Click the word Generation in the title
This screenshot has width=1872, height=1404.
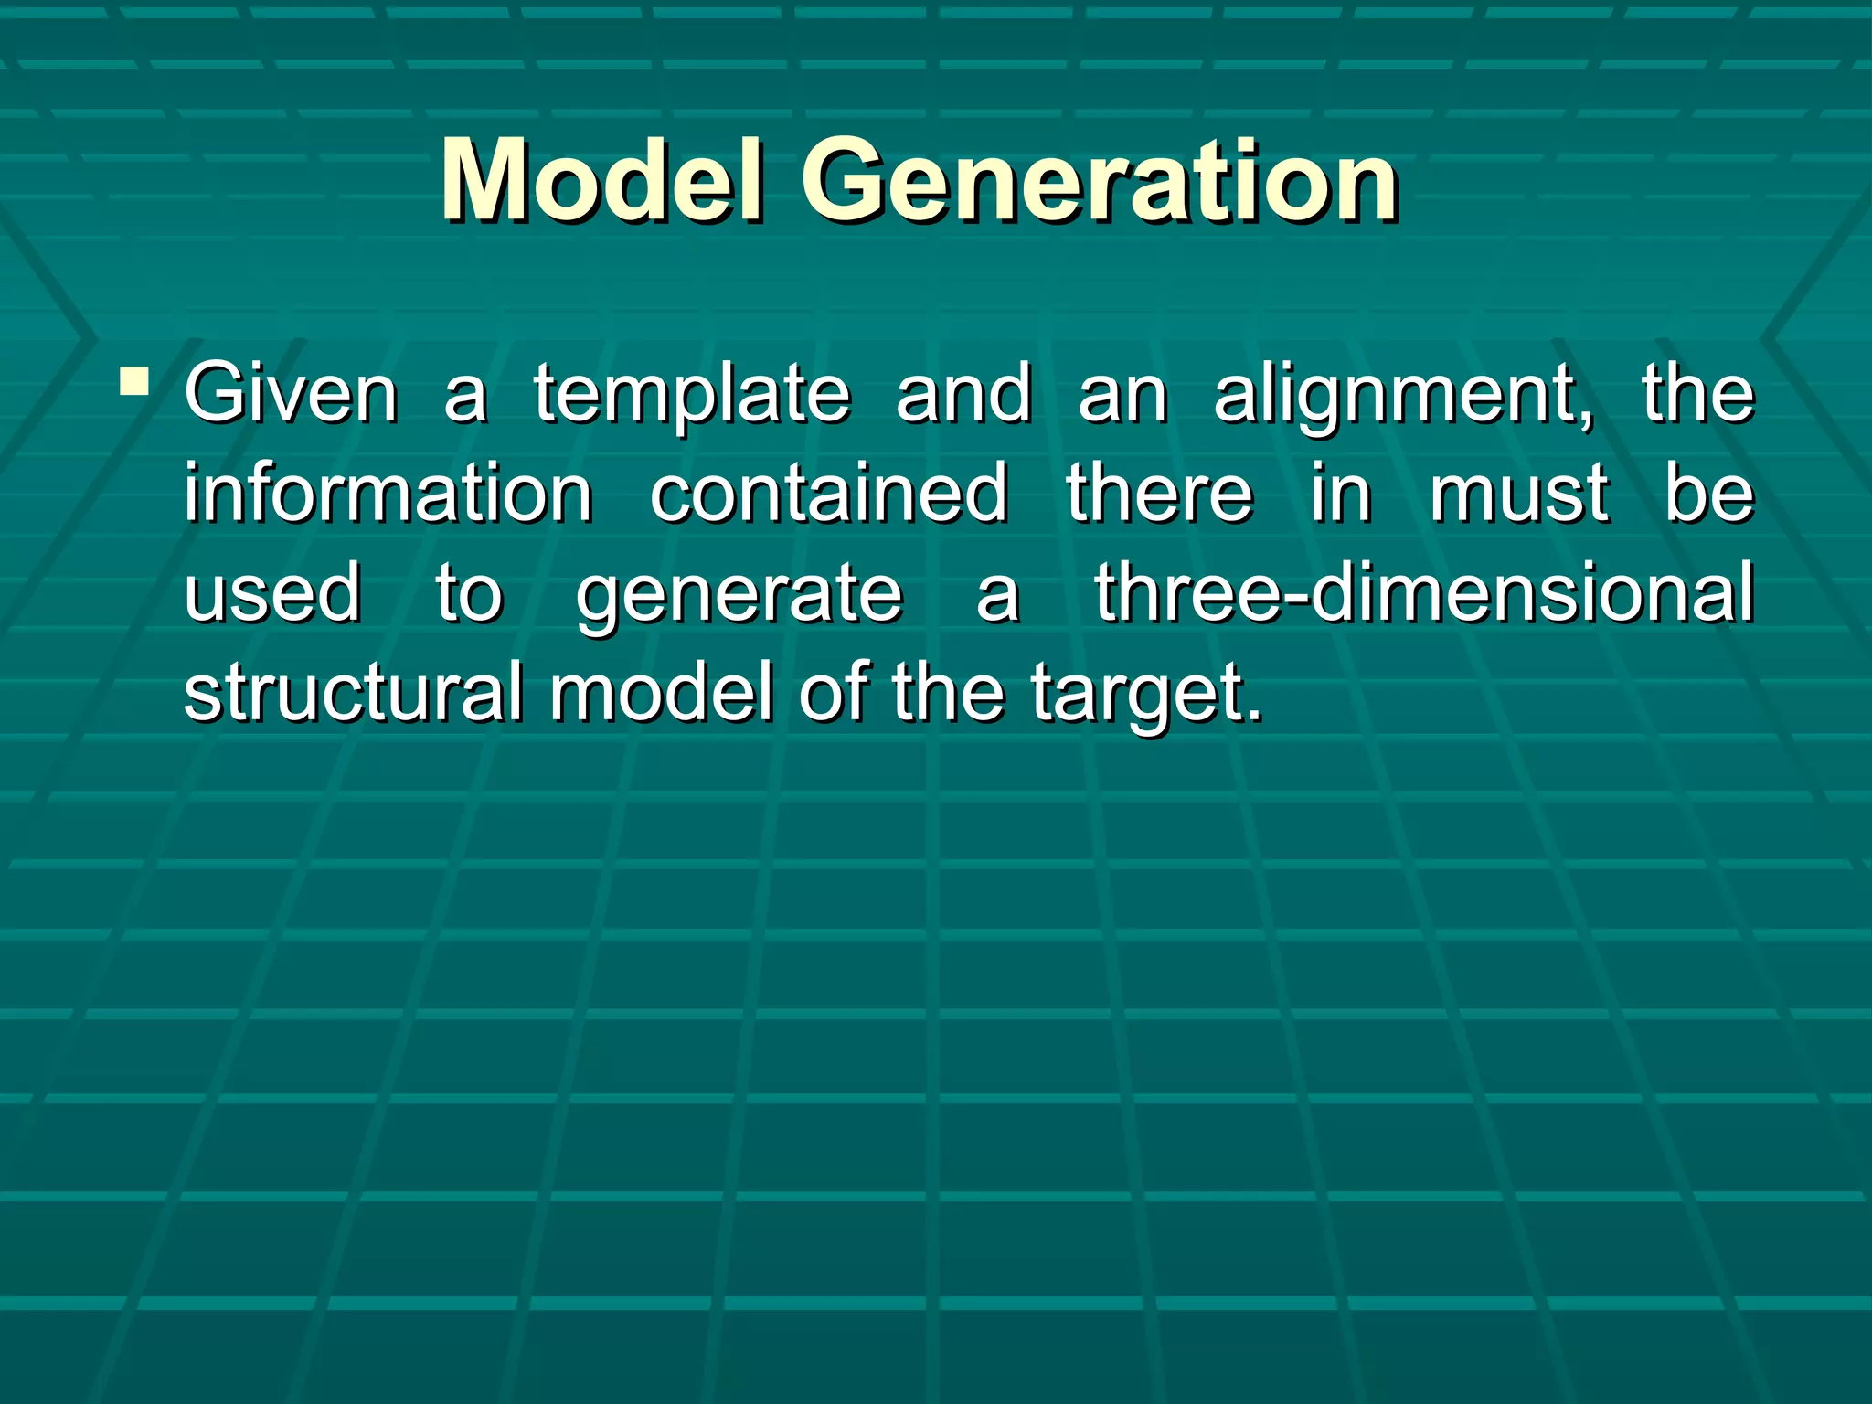point(1100,180)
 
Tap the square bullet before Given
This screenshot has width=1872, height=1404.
point(134,380)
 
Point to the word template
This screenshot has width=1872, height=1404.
point(692,395)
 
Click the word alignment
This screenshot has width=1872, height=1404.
point(1403,395)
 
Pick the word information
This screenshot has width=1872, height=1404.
point(388,494)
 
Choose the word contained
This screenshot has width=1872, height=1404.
point(829,494)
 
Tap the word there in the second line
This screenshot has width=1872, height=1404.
point(1159,494)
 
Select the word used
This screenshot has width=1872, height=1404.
point(273,592)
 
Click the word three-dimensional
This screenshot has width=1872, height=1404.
point(1424,592)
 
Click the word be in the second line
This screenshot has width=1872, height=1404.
point(1708,494)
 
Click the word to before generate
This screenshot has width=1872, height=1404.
point(468,592)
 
